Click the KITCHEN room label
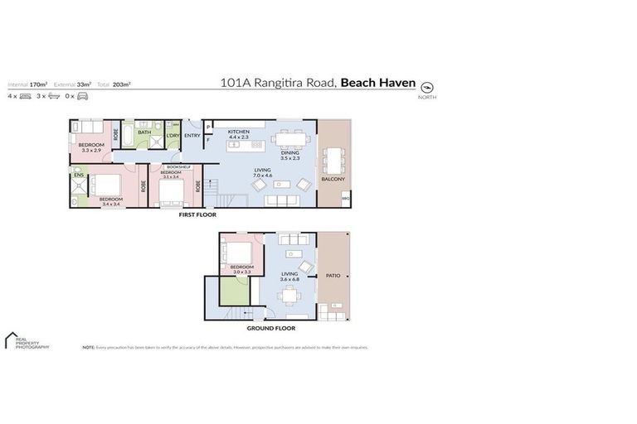click(x=239, y=131)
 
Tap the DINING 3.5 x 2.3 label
click(x=290, y=153)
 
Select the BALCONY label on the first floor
click(x=333, y=180)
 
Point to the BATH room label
click(x=144, y=132)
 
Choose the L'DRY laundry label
click(x=173, y=135)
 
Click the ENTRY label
click(x=192, y=135)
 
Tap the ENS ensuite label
click(x=78, y=176)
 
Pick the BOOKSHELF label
click(x=178, y=167)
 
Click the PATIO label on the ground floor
click(x=333, y=276)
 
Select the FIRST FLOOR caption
click(x=197, y=214)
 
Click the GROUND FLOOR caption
click(x=271, y=328)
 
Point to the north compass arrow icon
click(x=428, y=86)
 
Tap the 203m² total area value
click(x=121, y=84)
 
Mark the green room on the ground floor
click(x=234, y=292)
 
